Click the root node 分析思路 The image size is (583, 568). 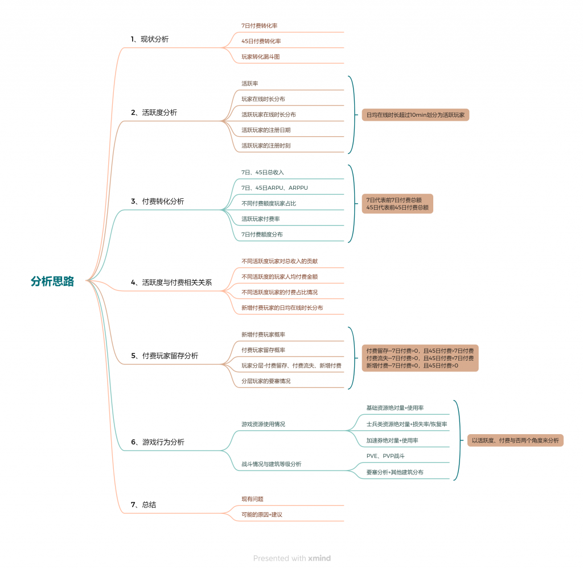pyautogui.click(x=52, y=281)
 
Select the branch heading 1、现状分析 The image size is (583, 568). pyautogui.click(x=150, y=39)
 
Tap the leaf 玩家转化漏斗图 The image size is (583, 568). pyautogui.click(x=260, y=57)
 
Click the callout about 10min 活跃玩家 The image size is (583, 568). pyautogui.click(x=415, y=115)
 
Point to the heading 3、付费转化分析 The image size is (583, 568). pyautogui.click(x=157, y=201)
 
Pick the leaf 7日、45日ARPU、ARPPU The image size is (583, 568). pyautogui.click(x=274, y=188)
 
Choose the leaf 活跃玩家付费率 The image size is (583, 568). pyautogui.click(x=260, y=219)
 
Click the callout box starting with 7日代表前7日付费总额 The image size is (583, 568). pyautogui.click(x=397, y=204)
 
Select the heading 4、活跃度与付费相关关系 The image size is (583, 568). pyautogui.click(x=171, y=283)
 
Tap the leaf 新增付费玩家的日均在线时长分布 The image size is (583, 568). pyautogui.click(x=282, y=308)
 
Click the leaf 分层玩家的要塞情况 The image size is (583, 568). pyautogui.click(x=266, y=381)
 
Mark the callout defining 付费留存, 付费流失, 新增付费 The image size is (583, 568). pyautogui.click(x=420, y=358)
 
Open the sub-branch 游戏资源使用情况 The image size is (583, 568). pyautogui.click(x=263, y=424)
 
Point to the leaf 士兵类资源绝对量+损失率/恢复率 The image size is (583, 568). pyautogui.click(x=407, y=424)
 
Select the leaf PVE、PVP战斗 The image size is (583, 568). pyautogui.click(x=385, y=456)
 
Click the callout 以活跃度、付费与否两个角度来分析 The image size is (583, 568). pyautogui.click(x=515, y=440)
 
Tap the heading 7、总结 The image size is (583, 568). pyautogui.click(x=143, y=505)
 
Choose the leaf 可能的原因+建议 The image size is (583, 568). pyautogui.click(x=262, y=515)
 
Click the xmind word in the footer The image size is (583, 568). pyautogui.click(x=319, y=558)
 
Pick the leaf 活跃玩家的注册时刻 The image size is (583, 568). pyautogui.click(x=266, y=146)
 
